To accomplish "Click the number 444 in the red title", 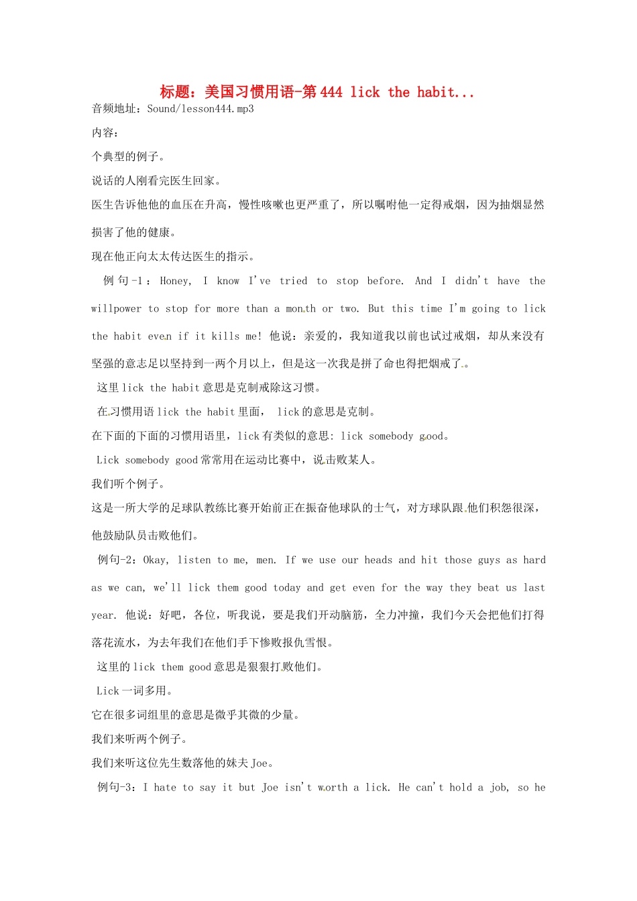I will pos(331,93).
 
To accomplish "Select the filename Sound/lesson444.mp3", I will pos(200,109).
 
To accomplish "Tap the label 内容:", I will pos(105,133).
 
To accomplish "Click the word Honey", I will pos(176,281).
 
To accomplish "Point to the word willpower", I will pos(116,308).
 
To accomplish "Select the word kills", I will pos(225,336).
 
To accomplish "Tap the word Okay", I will pos(156,560).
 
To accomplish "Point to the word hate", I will pos(165,787).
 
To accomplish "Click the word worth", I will pos(333,787).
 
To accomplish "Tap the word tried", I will pos(294,281).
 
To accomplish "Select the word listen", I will pos(194,560).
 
